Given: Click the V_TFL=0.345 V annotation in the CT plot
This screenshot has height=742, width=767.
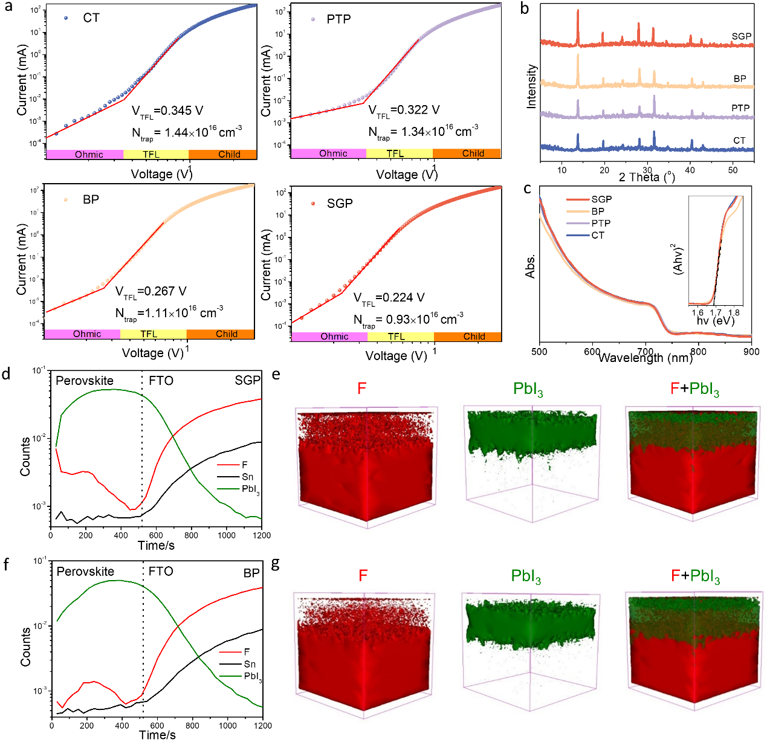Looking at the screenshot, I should (x=167, y=111).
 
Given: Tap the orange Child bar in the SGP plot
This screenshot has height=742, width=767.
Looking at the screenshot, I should (x=474, y=337).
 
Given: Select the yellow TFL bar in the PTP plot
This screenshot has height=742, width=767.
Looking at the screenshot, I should (x=395, y=153).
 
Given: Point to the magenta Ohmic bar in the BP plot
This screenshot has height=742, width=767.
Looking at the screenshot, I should (x=87, y=334).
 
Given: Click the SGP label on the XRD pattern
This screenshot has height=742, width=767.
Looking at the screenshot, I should (x=741, y=36).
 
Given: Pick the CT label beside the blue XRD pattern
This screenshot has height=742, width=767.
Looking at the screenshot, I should (x=739, y=140).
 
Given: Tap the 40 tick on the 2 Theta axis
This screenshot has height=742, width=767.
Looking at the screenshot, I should (x=690, y=170).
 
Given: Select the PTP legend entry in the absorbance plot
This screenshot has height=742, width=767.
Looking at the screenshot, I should (x=601, y=223).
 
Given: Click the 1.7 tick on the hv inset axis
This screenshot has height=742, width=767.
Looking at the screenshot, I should (x=716, y=313).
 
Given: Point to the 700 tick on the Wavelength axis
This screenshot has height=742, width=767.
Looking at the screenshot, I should (x=646, y=351).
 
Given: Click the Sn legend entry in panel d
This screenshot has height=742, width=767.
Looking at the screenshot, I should (x=247, y=477).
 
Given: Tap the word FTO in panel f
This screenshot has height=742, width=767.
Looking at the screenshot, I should (x=161, y=571).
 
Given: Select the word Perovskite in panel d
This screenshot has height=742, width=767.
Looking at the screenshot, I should (x=85, y=381).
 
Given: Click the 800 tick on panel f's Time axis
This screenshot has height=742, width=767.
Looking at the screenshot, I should (x=192, y=725).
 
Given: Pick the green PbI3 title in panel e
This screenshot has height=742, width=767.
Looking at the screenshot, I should (x=528, y=389).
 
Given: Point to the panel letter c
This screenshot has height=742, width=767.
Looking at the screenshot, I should (x=527, y=189).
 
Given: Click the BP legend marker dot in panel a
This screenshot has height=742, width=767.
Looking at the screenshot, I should (x=65, y=199).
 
